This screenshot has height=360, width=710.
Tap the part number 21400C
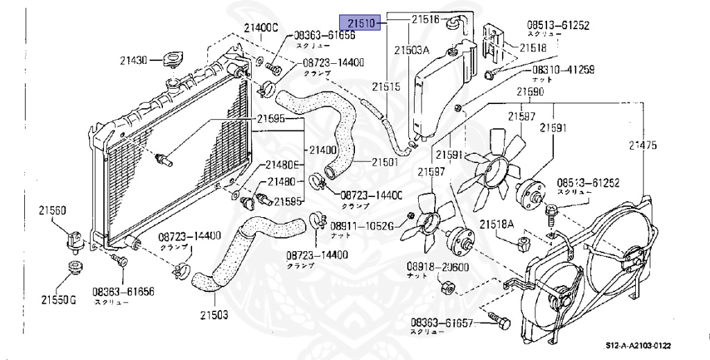point(260,28)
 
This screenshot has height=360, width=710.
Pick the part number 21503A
point(412,51)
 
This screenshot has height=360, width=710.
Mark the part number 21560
point(52,209)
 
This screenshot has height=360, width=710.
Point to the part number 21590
point(530,92)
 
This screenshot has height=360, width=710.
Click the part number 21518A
point(497,224)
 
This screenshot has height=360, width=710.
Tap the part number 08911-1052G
point(361,225)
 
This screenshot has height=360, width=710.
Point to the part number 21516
point(426,20)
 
